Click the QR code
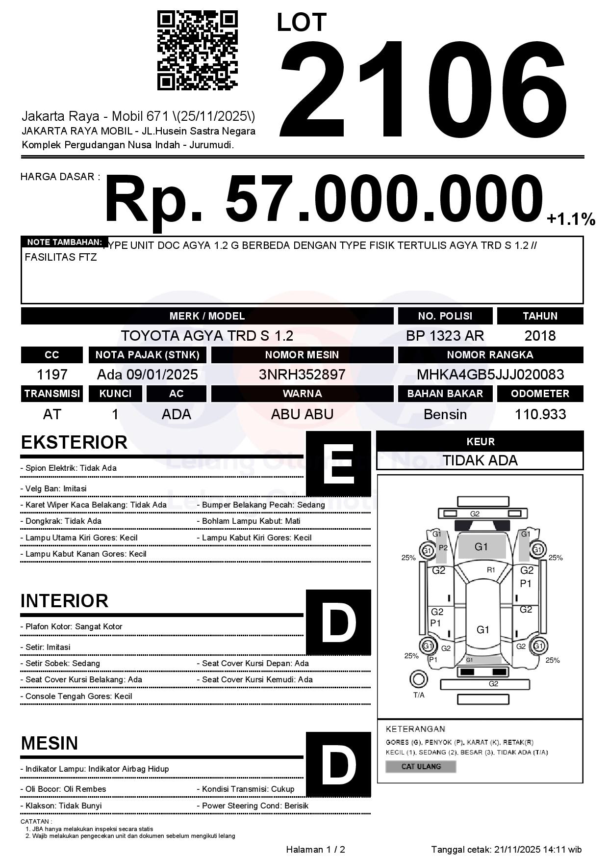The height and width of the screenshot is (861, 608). (197, 51)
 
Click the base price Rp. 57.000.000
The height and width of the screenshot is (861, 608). (324, 200)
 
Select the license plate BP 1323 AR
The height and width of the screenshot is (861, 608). (445, 336)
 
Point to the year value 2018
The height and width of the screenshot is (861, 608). (540, 336)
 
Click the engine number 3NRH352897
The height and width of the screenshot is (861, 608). (302, 375)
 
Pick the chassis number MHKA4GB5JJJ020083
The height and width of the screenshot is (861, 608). (490, 375)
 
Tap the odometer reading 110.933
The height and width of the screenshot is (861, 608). (540, 414)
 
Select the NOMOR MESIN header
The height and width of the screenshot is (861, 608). (302, 355)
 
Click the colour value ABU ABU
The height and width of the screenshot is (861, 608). (302, 414)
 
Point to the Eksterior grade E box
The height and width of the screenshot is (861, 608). (338, 463)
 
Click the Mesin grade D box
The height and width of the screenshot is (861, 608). (338, 764)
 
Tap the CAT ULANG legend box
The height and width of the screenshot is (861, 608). (421, 766)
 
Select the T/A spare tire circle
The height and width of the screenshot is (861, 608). (418, 680)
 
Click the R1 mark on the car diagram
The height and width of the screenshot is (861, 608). (491, 570)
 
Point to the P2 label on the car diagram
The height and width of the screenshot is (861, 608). (443, 547)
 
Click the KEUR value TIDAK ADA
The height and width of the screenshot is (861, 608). (480, 460)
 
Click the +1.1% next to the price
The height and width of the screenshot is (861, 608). (571, 219)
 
